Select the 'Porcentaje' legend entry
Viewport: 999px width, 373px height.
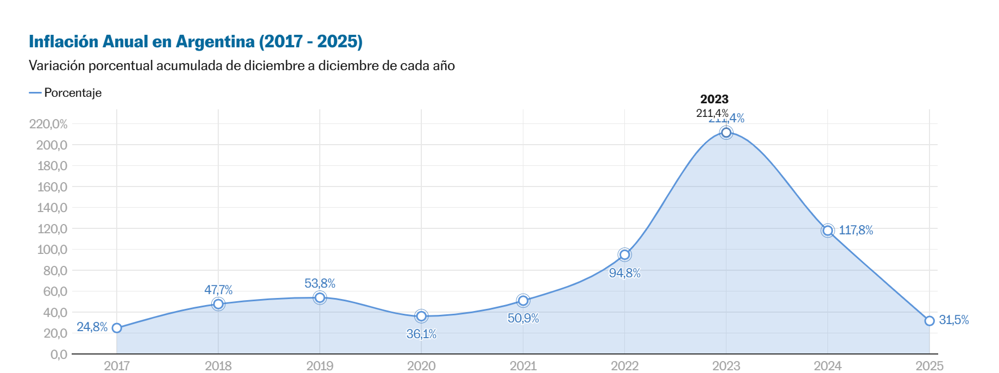pyautogui.click(x=73, y=93)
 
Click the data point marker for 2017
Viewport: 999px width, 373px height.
pyautogui.click(x=117, y=328)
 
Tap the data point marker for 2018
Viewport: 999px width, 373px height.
pyautogui.click(x=218, y=304)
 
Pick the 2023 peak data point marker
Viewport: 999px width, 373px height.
pyautogui.click(x=726, y=133)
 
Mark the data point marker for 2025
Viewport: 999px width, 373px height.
pyautogui.click(x=929, y=321)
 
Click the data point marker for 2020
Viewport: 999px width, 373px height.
pyautogui.click(x=421, y=316)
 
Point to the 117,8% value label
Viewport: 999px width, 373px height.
pyautogui.click(x=856, y=231)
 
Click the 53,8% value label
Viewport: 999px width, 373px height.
pyautogui.click(x=320, y=283)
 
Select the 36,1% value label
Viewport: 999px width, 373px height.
pyautogui.click(x=421, y=334)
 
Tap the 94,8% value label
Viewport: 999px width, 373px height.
pyautogui.click(x=624, y=273)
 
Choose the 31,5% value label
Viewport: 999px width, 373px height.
pyautogui.click(x=953, y=320)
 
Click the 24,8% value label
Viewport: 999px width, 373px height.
pyautogui.click(x=92, y=327)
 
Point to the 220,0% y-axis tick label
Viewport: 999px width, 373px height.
pyautogui.click(x=48, y=124)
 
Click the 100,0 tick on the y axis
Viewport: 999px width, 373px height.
pyautogui.click(x=52, y=250)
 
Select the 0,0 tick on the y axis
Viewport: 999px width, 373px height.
pyautogui.click(x=59, y=355)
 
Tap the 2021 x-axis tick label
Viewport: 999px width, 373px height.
pyautogui.click(x=523, y=366)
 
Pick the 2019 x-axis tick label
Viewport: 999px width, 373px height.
pyautogui.click(x=320, y=366)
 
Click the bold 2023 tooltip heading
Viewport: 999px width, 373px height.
pyautogui.click(x=714, y=99)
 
